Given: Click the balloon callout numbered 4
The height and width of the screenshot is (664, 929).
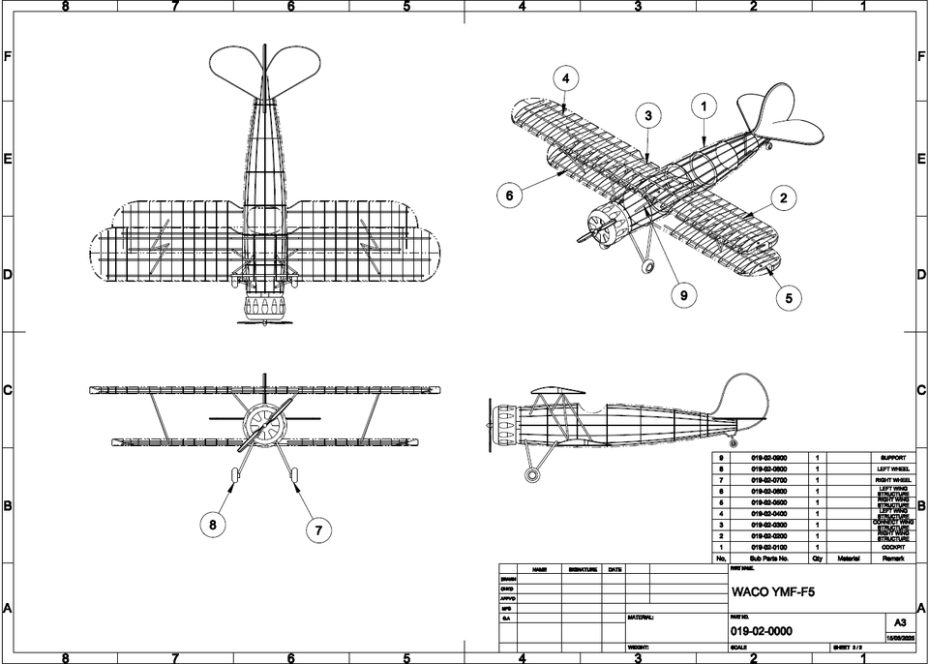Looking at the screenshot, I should point(566,78).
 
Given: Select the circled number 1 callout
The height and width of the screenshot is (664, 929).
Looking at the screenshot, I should point(704,105).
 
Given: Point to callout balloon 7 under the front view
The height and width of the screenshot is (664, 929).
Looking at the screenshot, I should point(317,529).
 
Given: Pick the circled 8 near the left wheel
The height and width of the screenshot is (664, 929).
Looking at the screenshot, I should point(213,526).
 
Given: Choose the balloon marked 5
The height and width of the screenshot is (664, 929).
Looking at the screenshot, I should point(789,298).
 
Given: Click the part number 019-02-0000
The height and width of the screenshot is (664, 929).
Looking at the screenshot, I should point(762,631).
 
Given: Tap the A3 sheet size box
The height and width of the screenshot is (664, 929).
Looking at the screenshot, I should point(899,623).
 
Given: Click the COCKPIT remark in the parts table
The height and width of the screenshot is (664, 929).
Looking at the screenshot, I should point(892,547).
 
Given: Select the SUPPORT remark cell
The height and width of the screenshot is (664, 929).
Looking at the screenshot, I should point(892,457).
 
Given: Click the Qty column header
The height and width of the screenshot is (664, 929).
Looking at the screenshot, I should point(818,558).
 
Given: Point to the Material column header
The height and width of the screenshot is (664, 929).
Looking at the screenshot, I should point(850,558).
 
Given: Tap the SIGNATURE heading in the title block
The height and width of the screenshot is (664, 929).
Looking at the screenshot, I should point(583,569).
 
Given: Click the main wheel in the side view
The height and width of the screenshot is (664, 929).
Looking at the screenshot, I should point(530,474).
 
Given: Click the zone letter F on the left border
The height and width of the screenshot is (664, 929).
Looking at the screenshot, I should point(8,57).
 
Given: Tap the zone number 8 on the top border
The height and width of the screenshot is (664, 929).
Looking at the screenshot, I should point(65,6).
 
